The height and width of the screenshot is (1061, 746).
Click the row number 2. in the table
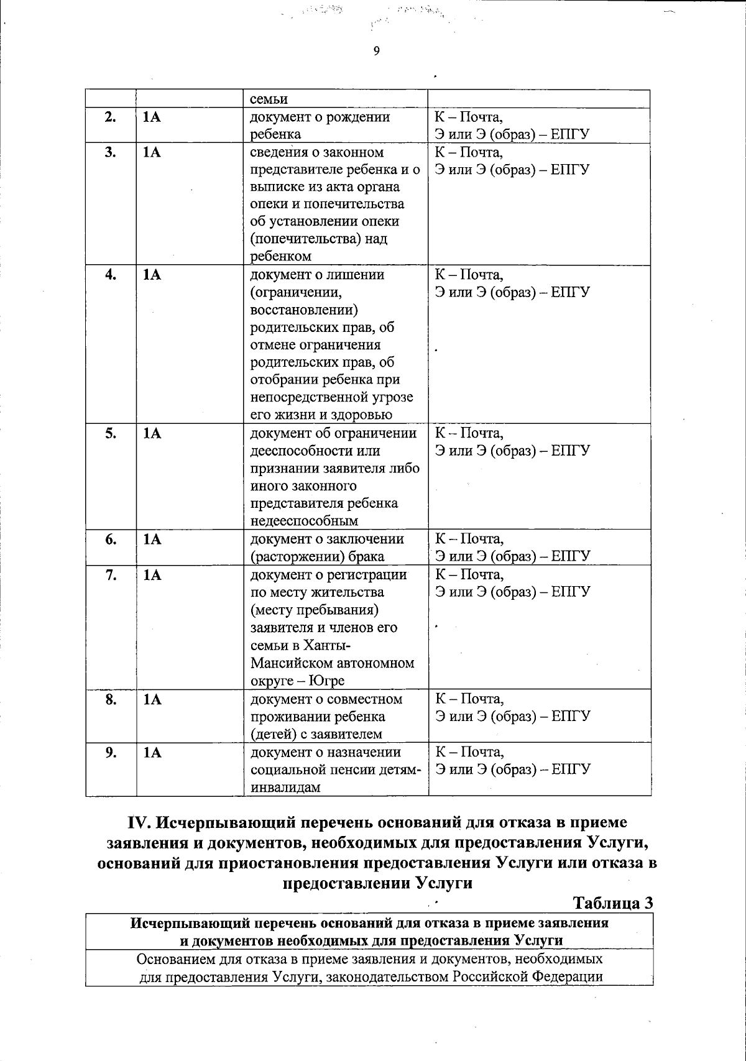click(111, 117)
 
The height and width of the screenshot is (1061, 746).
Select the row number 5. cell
click(111, 434)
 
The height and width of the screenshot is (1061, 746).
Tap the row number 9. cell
click(111, 753)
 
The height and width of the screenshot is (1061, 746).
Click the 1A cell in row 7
click(152, 575)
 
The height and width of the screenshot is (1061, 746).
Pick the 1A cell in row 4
click(152, 275)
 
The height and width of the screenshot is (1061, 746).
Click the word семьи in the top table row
click(269, 99)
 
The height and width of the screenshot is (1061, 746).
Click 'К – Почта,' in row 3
click(469, 152)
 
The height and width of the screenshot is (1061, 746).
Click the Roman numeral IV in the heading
click(139, 823)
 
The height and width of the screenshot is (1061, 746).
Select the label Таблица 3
click(612, 903)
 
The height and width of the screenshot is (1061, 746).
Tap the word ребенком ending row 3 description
click(280, 257)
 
